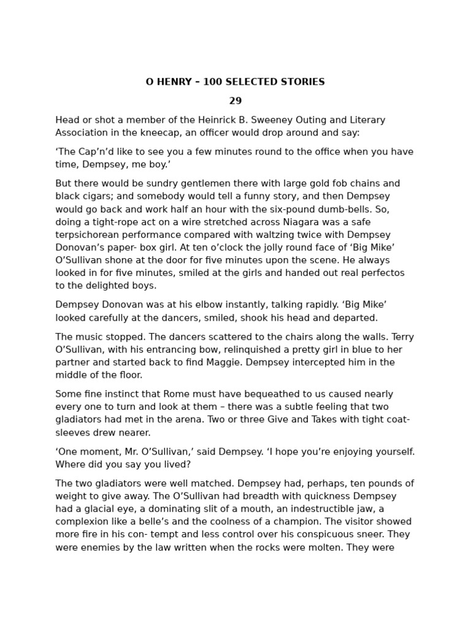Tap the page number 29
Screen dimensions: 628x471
pyautogui.click(x=235, y=101)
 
